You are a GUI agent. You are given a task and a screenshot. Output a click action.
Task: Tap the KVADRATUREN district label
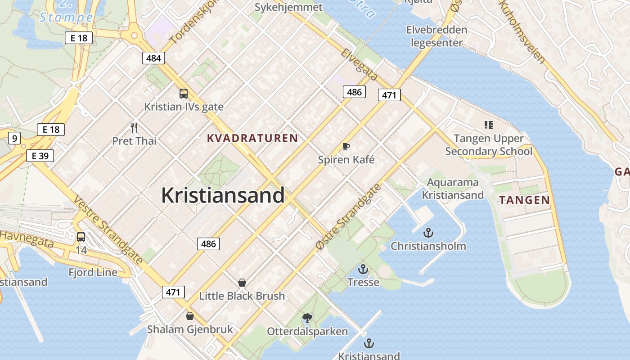(252, 138)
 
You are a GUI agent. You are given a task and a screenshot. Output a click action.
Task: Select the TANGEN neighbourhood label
(524, 200)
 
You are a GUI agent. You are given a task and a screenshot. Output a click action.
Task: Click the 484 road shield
(153, 58)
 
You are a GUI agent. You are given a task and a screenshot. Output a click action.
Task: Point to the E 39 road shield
(40, 156)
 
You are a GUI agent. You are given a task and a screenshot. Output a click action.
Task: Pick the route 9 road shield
(14, 138)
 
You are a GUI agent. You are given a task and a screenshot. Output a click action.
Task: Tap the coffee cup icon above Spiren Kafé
(346, 146)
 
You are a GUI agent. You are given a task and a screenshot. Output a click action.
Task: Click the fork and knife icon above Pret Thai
(134, 128)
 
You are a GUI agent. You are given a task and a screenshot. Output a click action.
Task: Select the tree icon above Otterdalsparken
(307, 318)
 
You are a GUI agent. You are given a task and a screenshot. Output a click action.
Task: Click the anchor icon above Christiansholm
(428, 233)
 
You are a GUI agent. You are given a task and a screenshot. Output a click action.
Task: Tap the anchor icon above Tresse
(363, 269)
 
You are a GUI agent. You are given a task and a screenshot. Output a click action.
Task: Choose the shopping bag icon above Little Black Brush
(242, 283)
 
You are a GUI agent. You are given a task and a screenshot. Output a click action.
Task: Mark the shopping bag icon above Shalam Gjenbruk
(190, 316)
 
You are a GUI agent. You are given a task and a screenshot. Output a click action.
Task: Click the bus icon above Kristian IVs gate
(184, 94)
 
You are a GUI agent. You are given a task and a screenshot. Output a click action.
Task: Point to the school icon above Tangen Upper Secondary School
(488, 125)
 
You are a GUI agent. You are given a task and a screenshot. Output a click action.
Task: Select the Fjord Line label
(93, 272)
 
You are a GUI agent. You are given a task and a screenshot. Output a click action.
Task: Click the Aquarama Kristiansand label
(453, 189)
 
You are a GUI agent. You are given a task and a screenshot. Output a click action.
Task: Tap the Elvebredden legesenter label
(436, 36)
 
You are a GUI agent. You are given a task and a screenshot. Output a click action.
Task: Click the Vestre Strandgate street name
(108, 229)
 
